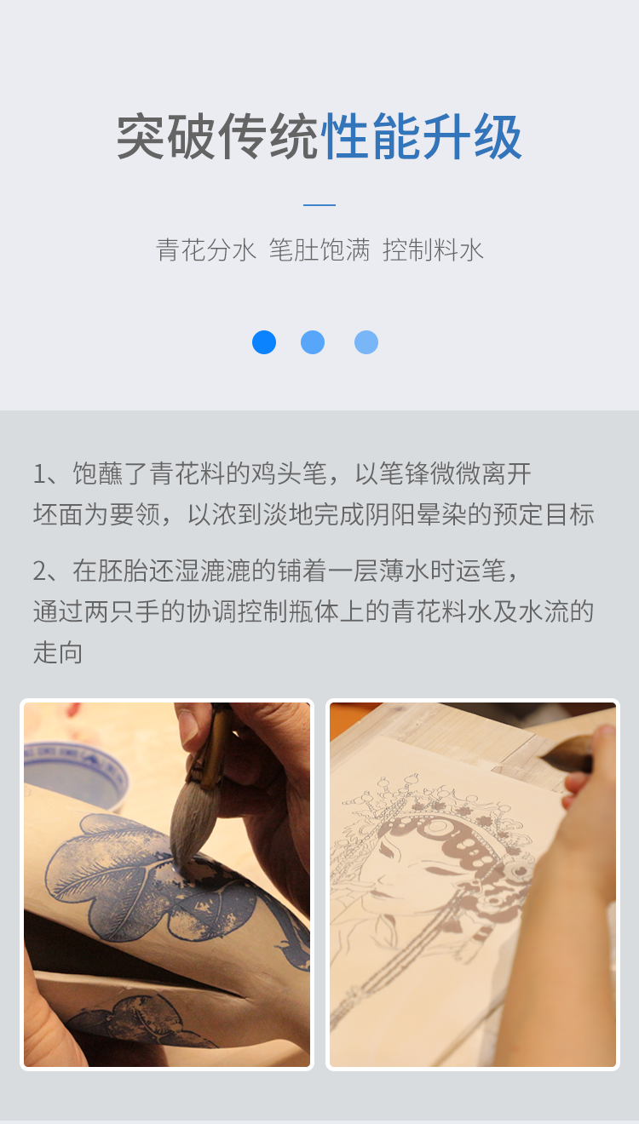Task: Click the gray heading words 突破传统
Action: [x=218, y=136]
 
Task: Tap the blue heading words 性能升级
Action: [x=422, y=136]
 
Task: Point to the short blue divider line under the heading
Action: [x=319, y=204]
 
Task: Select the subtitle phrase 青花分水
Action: [x=206, y=249]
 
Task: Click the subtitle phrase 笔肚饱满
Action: [x=319, y=249]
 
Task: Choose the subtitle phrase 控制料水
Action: [x=433, y=249]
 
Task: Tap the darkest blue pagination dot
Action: [x=264, y=342]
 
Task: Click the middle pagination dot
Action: [x=313, y=342]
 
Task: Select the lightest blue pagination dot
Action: [x=366, y=342]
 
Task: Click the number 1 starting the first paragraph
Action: [x=39, y=473]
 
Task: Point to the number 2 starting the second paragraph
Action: [x=40, y=571]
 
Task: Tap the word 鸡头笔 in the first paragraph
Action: [x=289, y=473]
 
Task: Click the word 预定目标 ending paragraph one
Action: [x=544, y=514]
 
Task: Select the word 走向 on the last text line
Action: [x=58, y=652]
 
